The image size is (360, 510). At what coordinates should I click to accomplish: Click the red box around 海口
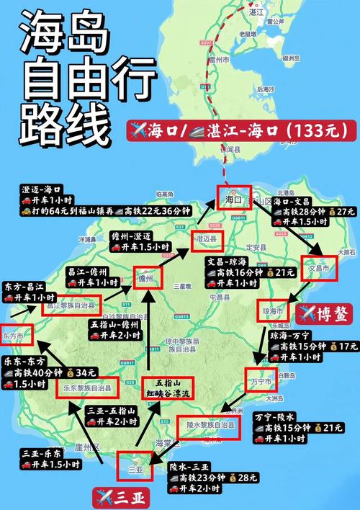[x=233, y=197]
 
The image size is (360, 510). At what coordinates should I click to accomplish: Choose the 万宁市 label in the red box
[x=259, y=380]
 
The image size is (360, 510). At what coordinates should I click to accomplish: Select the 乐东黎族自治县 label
[x=88, y=388]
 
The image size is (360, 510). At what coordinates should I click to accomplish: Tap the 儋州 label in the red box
[x=146, y=277]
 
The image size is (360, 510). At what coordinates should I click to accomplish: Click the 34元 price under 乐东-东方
[x=84, y=372]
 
